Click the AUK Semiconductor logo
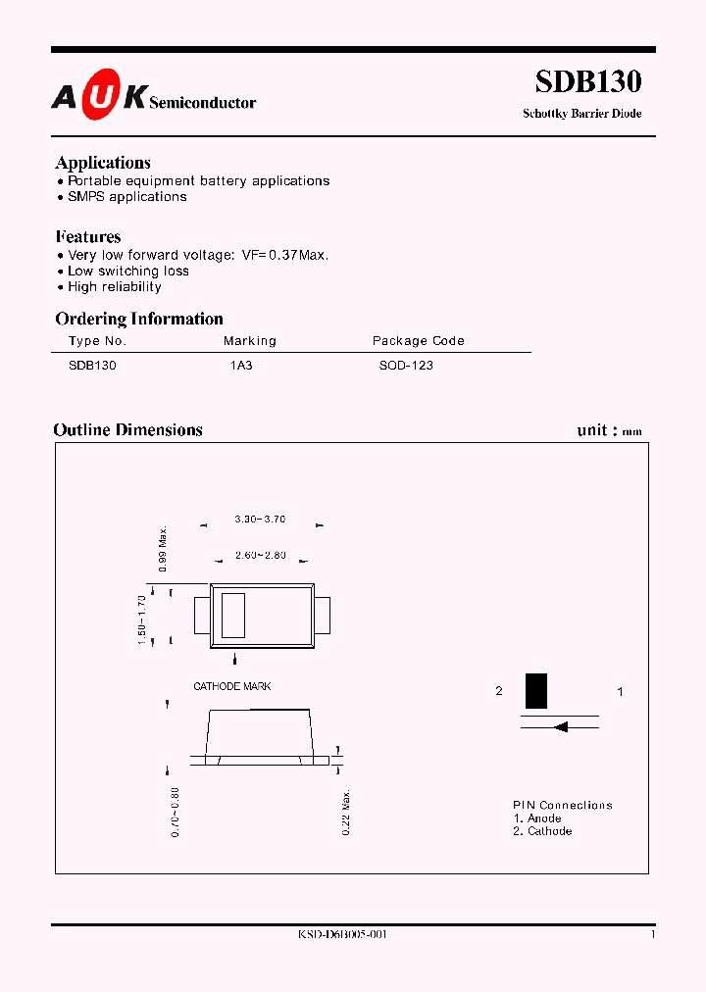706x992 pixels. click(x=154, y=96)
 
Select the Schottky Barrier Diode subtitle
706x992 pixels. click(x=582, y=114)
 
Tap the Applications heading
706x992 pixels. click(x=103, y=163)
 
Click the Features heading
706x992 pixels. click(x=88, y=237)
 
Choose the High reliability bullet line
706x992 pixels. click(x=114, y=287)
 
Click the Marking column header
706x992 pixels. click(x=250, y=341)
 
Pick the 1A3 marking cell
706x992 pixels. click(x=241, y=365)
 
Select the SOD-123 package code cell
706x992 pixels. click(x=406, y=365)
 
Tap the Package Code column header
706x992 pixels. click(x=418, y=341)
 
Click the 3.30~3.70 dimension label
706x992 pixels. click(x=260, y=519)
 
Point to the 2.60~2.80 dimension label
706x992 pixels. click(x=260, y=556)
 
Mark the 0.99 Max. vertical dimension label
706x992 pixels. click(x=164, y=549)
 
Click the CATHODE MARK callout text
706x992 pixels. click(x=232, y=687)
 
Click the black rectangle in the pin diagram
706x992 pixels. click(x=536, y=691)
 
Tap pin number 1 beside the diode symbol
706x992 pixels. click(x=620, y=692)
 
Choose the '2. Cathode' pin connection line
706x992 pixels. click(x=542, y=831)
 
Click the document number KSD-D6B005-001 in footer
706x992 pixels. click(x=342, y=935)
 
